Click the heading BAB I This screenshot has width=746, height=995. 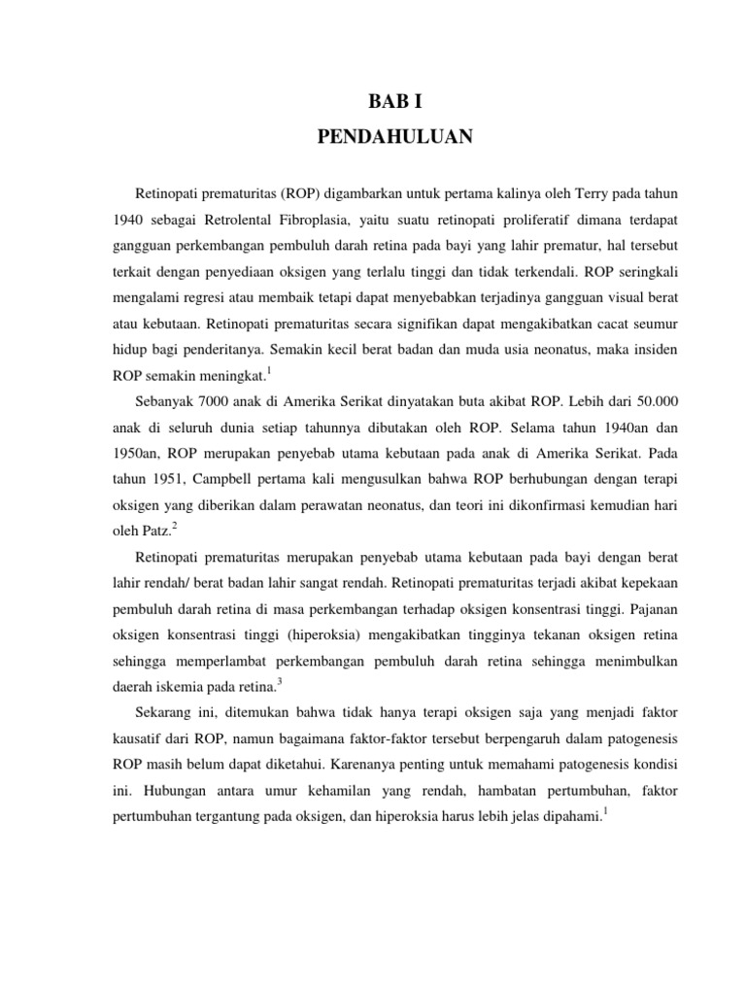(393, 100)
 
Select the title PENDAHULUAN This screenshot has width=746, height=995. (393, 137)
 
